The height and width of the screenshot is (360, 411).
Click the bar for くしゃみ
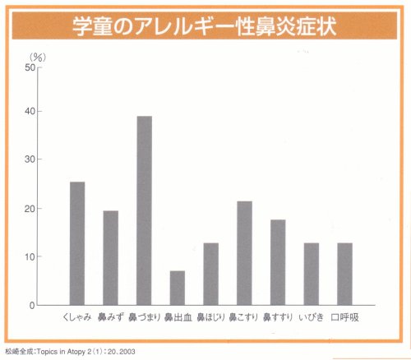click(77, 243)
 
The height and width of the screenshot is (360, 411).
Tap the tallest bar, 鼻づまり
click(144, 210)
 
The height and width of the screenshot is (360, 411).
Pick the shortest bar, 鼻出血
click(178, 288)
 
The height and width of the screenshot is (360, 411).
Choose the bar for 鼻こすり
click(244, 253)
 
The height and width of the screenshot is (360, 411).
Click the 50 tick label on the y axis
click(30, 67)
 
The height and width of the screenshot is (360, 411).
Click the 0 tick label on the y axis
click(33, 306)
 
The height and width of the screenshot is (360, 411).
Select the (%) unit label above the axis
click(38, 56)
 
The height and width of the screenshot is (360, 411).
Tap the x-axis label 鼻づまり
click(144, 317)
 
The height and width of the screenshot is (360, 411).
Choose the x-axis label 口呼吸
click(344, 317)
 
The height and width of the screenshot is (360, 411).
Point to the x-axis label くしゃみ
click(77, 317)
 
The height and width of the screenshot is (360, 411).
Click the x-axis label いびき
click(311, 317)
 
